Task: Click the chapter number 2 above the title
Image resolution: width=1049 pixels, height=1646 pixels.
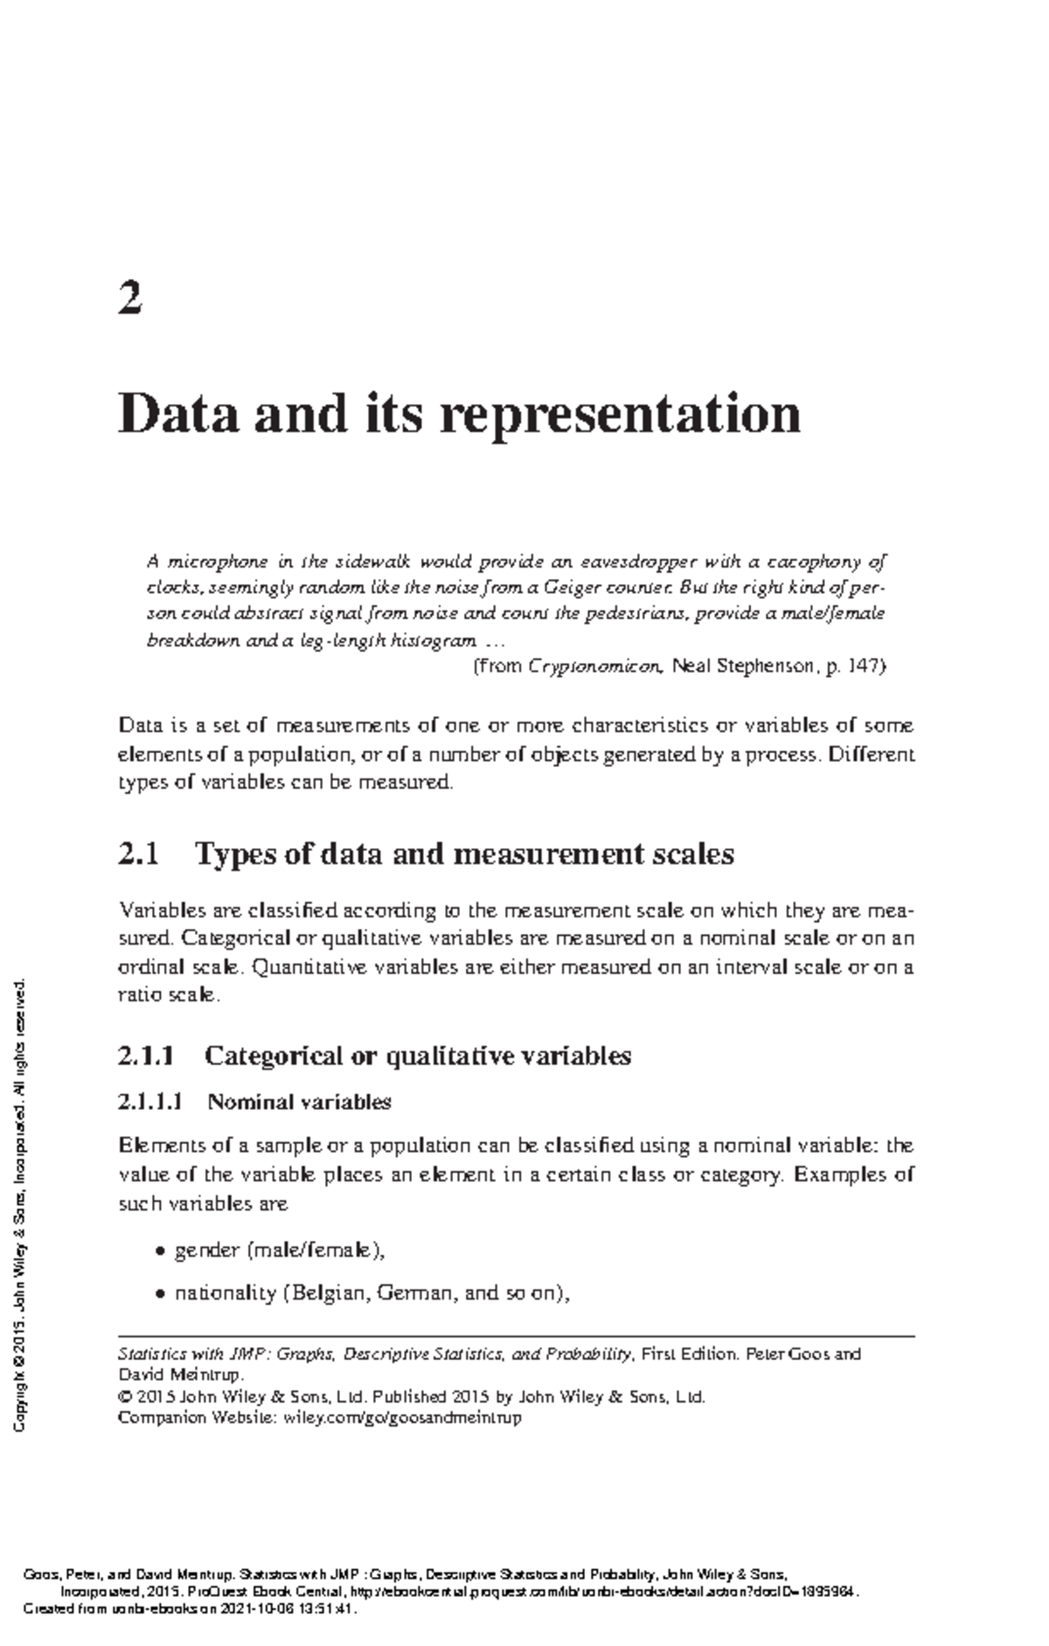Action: (129, 299)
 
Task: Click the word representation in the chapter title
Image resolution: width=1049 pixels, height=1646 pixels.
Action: (620, 414)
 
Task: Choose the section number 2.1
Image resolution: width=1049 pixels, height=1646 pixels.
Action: (138, 854)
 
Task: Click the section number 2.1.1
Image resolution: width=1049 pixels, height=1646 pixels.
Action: (146, 1057)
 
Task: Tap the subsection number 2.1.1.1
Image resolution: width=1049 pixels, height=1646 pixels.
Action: (149, 1102)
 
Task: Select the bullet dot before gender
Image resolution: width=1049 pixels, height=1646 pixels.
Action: (159, 1252)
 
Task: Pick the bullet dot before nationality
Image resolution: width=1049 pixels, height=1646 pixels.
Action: (159, 1294)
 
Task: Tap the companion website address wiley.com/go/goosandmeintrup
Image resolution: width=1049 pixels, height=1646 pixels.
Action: (403, 1418)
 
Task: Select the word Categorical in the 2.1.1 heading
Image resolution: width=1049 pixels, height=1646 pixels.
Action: (273, 1057)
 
